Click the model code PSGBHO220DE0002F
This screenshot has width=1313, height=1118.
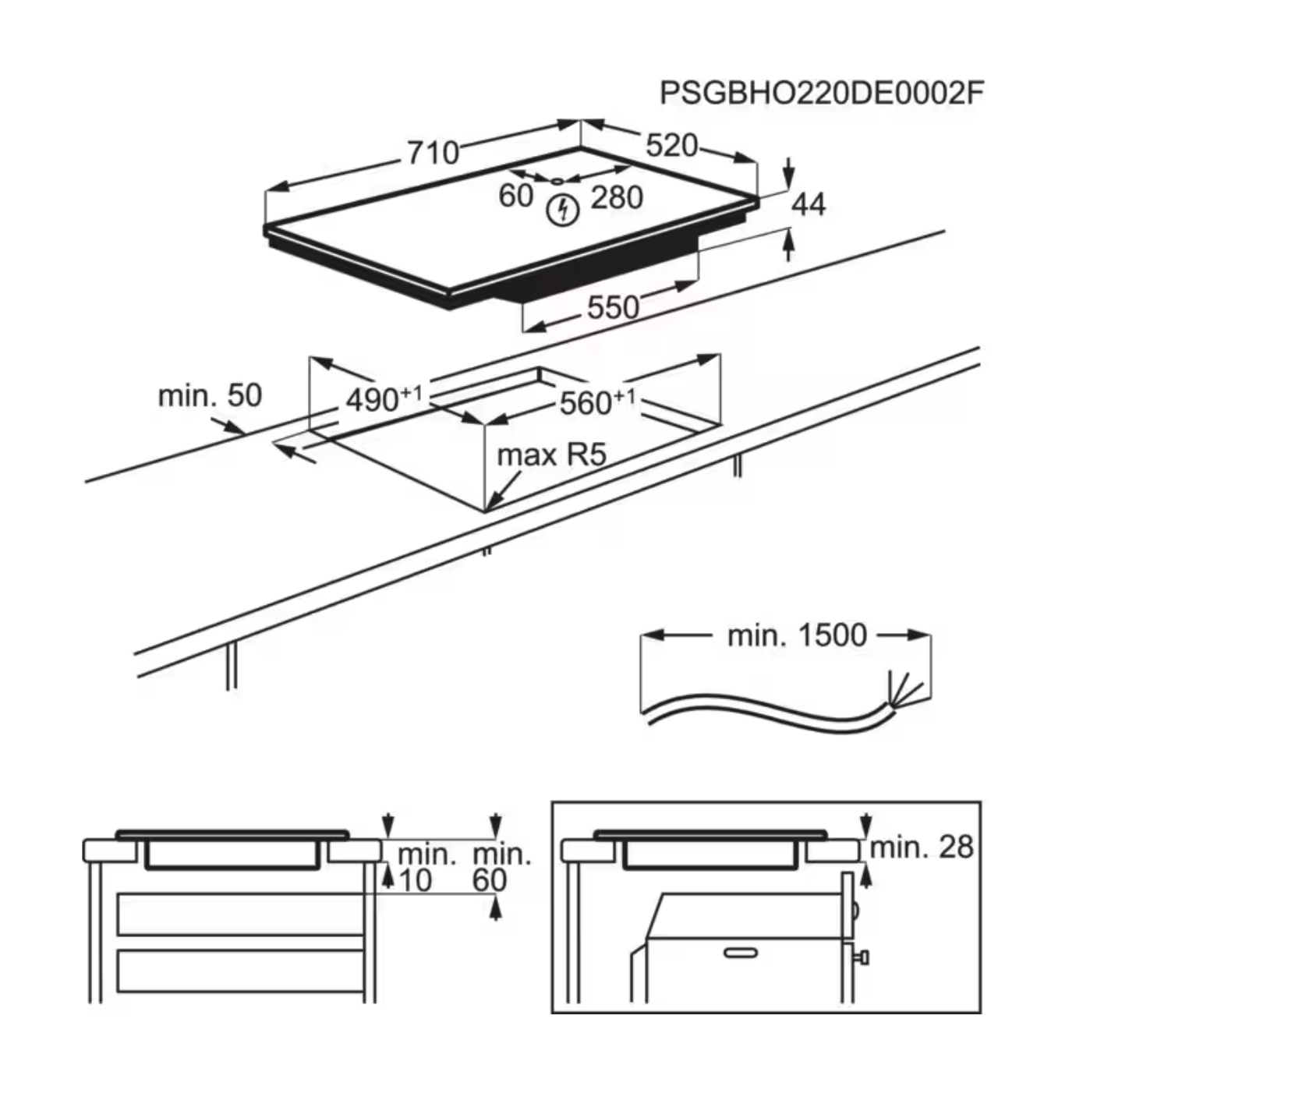tap(821, 93)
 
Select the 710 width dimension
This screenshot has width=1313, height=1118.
tap(433, 152)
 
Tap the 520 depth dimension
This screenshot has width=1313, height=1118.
tap(671, 145)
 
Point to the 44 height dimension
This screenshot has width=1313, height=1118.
tap(808, 204)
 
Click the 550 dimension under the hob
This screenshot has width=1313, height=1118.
tap(613, 307)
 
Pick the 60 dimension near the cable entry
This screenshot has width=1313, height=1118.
tap(515, 196)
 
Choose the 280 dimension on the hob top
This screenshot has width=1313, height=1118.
tap(617, 198)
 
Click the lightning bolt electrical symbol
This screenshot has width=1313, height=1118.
tap(562, 211)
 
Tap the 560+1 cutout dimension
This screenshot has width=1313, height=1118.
tap(597, 402)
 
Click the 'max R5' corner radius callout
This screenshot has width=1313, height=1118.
tap(551, 455)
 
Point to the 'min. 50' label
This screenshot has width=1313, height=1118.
tap(210, 396)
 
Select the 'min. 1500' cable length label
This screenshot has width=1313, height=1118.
tap(796, 635)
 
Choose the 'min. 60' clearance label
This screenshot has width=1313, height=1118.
tap(501, 867)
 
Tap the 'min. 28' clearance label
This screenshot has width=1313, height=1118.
tap(922, 847)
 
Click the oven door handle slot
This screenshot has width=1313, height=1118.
tap(740, 953)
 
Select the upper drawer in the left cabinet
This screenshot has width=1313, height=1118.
tap(240, 915)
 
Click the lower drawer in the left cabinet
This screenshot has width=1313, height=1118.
tap(240, 971)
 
